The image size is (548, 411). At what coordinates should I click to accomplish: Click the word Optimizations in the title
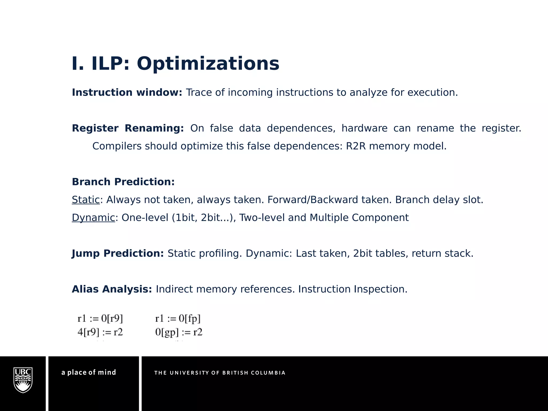tap(208, 64)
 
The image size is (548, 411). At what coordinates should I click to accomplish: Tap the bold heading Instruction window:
tap(127, 92)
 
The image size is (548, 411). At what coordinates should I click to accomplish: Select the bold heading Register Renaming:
tap(128, 128)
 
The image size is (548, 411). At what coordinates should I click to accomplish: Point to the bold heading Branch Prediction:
tap(123, 182)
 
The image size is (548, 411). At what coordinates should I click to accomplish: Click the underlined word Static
tap(86, 200)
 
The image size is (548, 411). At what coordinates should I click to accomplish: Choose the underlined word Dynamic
tap(93, 218)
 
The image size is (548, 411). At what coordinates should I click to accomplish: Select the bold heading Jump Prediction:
tap(118, 253)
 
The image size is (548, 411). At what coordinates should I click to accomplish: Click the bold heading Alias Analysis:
tap(112, 289)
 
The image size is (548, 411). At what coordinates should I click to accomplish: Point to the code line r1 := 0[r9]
tap(100, 318)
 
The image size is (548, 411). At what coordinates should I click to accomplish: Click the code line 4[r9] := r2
tap(100, 332)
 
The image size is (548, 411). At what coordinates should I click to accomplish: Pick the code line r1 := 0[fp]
tap(178, 318)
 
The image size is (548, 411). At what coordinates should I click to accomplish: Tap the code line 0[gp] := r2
tap(179, 332)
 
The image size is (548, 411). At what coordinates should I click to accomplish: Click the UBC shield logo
tap(23, 380)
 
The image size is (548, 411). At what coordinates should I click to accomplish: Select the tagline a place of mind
tap(89, 372)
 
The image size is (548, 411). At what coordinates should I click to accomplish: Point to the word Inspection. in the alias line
tap(380, 289)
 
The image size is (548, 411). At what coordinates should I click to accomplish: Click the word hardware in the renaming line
tap(364, 128)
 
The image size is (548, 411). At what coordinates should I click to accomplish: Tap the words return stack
tap(442, 253)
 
